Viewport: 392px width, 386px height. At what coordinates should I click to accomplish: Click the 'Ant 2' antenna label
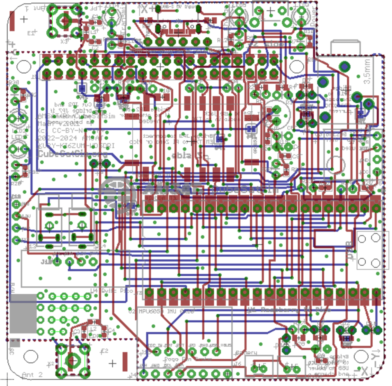pyautogui.click(x=32, y=375)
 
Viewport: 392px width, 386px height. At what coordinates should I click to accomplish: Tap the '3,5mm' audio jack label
pyautogui.click(x=366, y=71)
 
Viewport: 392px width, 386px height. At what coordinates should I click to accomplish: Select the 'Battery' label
pyautogui.click(x=246, y=353)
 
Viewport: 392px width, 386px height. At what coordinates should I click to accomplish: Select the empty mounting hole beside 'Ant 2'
pyautogui.click(x=31, y=356)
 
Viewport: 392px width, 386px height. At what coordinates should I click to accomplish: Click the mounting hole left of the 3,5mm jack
pyautogui.click(x=296, y=66)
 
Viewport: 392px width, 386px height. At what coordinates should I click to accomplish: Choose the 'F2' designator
pyautogui.click(x=104, y=352)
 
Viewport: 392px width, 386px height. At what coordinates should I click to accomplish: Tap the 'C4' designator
pyautogui.click(x=111, y=330)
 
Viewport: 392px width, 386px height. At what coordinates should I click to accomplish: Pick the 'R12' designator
pyautogui.click(x=221, y=40)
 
